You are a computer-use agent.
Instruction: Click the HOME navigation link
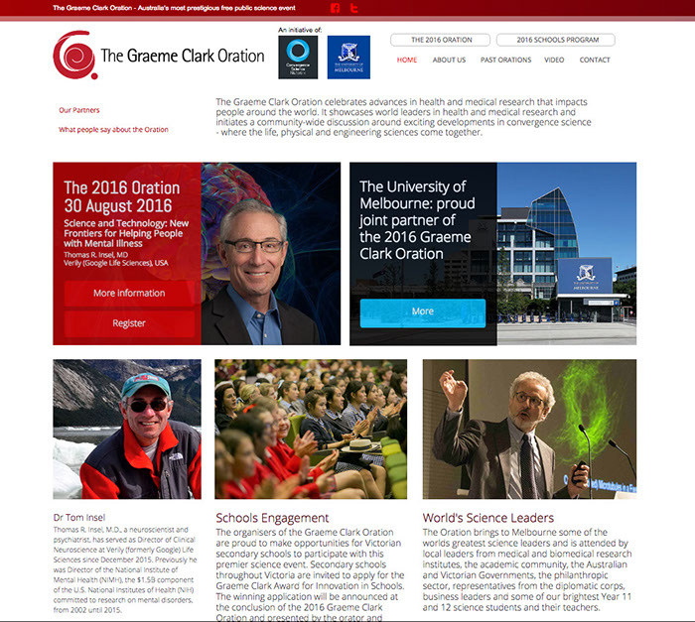(407, 60)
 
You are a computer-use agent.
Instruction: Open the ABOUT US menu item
(449, 60)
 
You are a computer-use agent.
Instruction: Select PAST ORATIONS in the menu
(506, 60)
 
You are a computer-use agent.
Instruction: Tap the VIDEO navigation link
(554, 60)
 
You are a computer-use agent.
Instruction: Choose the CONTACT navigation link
(595, 60)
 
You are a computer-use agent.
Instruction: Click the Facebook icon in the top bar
(336, 8)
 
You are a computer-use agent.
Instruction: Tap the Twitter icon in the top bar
(353, 8)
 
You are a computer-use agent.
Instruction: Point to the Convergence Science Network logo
(297, 58)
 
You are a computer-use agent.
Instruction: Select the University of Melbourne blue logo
(348, 58)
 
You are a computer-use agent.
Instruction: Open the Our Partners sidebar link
(79, 110)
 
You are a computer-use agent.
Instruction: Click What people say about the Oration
(113, 129)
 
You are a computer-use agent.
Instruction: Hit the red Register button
(129, 323)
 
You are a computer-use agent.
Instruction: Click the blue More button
(423, 311)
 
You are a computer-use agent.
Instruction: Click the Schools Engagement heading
(272, 518)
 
